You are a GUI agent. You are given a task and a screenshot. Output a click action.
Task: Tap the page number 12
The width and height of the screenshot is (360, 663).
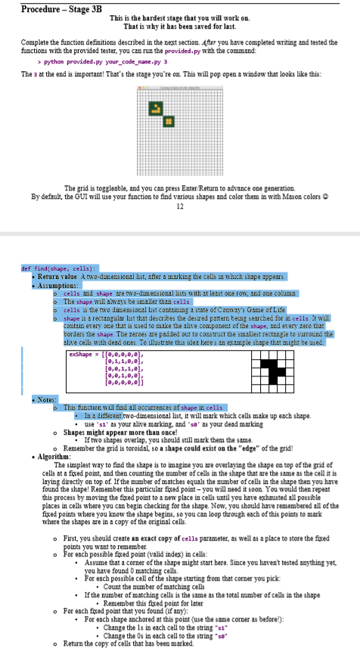pos(179,208)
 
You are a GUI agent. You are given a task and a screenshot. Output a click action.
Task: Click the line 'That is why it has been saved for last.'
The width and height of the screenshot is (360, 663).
pos(178,25)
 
